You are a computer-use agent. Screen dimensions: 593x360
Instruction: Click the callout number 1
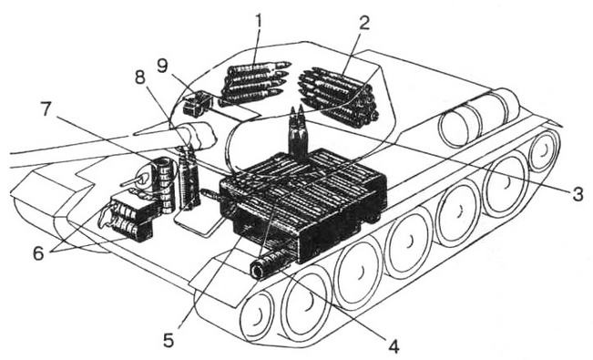coord(259,23)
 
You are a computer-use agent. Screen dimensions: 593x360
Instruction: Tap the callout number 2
coord(363,23)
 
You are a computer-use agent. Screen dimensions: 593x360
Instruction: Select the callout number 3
coord(578,194)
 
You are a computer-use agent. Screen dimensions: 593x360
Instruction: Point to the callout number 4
coord(394,345)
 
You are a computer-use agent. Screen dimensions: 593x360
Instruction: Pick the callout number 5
coord(169,340)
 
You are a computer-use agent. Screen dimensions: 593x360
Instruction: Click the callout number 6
coord(38,252)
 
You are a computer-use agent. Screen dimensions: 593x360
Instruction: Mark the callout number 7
coord(46,109)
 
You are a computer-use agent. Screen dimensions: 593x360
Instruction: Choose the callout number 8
coord(140,77)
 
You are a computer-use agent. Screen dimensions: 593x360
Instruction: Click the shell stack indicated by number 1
coord(254,82)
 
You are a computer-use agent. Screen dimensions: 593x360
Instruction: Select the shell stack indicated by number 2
coord(338,98)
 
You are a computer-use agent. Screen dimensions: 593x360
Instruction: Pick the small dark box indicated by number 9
coord(198,103)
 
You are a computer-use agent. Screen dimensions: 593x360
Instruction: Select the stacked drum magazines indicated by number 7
coord(164,185)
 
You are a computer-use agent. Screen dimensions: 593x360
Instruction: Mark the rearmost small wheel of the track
coord(544,149)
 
